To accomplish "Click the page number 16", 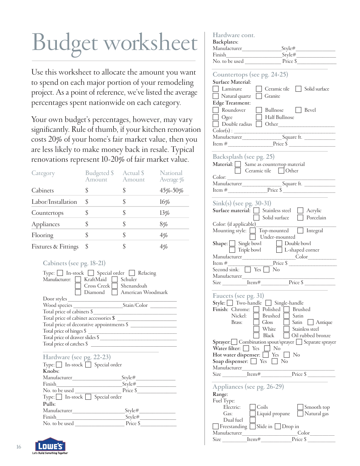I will click(x=19, y=447).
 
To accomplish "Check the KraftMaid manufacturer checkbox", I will click(x=78, y=280).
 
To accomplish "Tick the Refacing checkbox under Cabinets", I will click(x=132, y=273).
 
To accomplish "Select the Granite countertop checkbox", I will click(x=259, y=96).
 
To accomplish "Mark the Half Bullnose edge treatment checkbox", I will click(x=259, y=117).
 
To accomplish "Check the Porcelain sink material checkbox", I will click(x=300, y=218).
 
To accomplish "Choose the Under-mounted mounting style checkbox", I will click(x=253, y=237).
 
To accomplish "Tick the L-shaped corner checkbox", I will click(x=279, y=250).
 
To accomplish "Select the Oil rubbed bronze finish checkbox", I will click(x=286, y=336).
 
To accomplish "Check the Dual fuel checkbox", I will click(x=253, y=420).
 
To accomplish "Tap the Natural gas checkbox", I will click(x=300, y=414).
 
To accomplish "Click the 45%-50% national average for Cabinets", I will click(x=171, y=191).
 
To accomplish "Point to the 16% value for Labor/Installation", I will click(x=164, y=202).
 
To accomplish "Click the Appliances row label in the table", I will click(x=45, y=224).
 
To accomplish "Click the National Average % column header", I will click(x=172, y=176).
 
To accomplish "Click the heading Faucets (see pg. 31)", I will click(x=238, y=296).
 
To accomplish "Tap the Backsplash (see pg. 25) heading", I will click(x=243, y=157).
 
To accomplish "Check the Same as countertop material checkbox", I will click(x=238, y=164).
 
